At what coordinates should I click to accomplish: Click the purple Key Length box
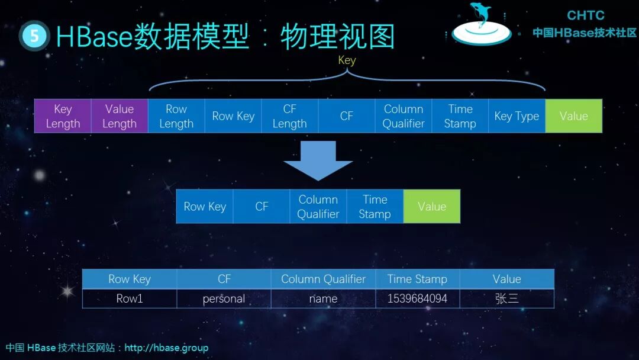tap(63, 116)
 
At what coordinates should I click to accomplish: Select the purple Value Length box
tap(120, 116)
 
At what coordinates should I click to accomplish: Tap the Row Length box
tap(176, 116)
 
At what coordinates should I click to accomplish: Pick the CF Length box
tap(290, 116)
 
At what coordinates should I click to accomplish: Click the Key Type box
tap(517, 116)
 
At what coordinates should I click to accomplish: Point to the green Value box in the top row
tap(573, 116)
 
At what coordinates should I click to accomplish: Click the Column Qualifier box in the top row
tap(404, 116)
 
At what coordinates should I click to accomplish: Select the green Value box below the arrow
tap(432, 207)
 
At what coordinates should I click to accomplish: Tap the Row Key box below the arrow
tap(205, 207)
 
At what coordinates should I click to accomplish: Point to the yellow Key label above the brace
tap(347, 60)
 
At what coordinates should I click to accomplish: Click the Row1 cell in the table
tap(130, 298)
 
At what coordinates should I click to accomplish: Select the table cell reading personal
tap(224, 298)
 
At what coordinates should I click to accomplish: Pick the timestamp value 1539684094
tap(417, 298)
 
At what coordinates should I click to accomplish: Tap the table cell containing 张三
tap(506, 298)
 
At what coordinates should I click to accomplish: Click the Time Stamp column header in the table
tap(417, 279)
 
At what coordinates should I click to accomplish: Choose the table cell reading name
tap(323, 298)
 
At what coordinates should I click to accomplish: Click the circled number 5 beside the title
tap(34, 36)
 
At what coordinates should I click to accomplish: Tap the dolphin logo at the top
tap(481, 25)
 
